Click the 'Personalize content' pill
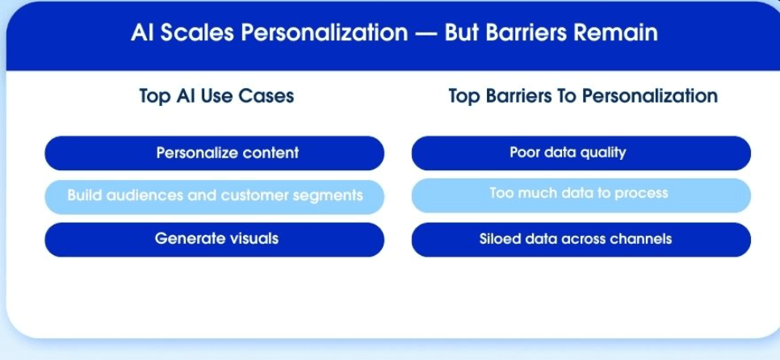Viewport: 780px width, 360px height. click(215, 153)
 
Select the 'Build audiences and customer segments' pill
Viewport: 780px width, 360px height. click(215, 197)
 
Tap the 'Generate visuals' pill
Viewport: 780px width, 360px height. click(215, 240)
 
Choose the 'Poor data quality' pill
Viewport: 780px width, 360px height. click(581, 153)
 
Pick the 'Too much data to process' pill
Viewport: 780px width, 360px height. click(581, 195)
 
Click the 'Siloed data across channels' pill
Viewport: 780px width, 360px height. click(581, 240)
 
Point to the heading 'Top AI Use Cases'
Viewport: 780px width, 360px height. click(216, 96)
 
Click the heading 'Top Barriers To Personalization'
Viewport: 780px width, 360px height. click(583, 96)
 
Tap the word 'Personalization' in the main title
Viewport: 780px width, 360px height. click(325, 33)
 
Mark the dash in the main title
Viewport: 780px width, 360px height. click(426, 33)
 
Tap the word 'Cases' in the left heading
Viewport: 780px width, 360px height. click(266, 96)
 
